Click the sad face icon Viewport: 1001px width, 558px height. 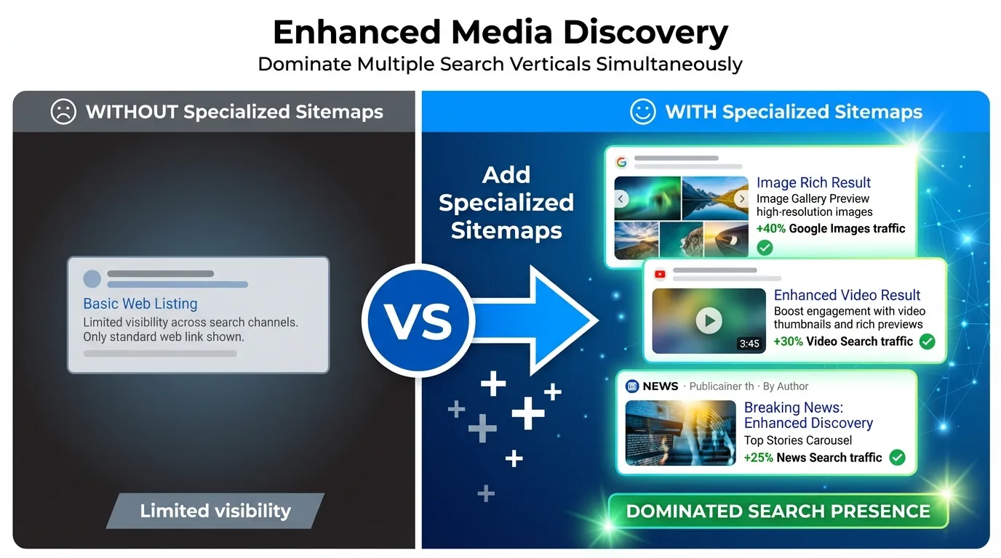(x=63, y=112)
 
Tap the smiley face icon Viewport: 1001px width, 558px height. (x=643, y=112)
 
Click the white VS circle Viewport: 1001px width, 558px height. (x=418, y=320)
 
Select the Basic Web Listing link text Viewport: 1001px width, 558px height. (x=140, y=304)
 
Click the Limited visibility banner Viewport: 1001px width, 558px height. (x=215, y=511)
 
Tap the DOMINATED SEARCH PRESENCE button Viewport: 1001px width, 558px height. (x=778, y=511)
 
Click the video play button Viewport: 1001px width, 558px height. (x=709, y=320)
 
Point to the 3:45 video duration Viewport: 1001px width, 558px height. (x=749, y=344)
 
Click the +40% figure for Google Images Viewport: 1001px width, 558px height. (x=770, y=229)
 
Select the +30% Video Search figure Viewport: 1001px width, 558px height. (x=788, y=341)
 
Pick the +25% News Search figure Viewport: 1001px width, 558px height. (x=759, y=458)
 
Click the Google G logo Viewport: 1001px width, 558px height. (x=621, y=162)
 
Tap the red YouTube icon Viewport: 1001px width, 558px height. (x=660, y=274)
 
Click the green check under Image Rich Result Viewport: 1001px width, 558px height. (x=765, y=248)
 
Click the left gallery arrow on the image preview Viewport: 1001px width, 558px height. (x=621, y=199)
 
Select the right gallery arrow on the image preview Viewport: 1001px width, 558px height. (x=741, y=199)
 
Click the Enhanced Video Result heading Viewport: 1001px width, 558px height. (x=847, y=295)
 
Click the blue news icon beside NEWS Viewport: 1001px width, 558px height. (x=631, y=387)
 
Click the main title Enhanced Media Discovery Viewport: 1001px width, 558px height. (x=500, y=33)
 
